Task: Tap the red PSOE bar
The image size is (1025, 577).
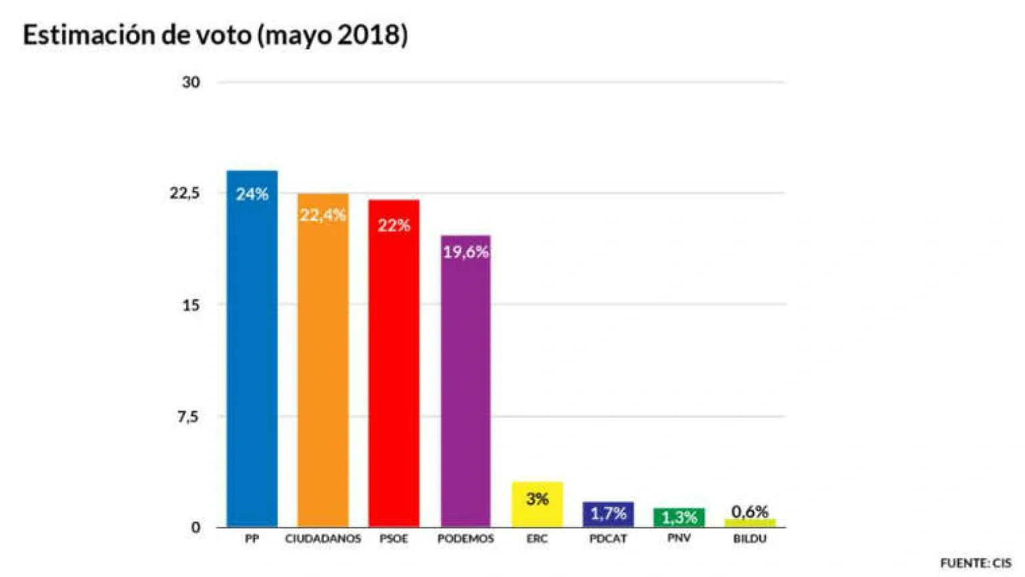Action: (x=394, y=374)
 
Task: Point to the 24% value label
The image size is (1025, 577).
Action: (x=252, y=194)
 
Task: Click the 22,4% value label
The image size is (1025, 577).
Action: (x=323, y=215)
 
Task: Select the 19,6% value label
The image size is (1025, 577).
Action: (x=466, y=252)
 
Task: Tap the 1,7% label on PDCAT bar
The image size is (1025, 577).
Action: (x=608, y=514)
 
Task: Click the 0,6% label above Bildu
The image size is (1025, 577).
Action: (x=749, y=512)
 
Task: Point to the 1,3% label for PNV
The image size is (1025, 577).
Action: (x=679, y=517)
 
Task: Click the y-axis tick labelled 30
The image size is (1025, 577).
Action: (x=191, y=82)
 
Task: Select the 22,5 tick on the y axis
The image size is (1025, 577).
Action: (x=185, y=193)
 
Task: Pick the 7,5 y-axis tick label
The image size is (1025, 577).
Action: (x=188, y=417)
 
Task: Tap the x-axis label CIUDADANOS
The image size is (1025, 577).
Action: (x=323, y=538)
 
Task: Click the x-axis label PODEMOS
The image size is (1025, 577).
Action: (x=466, y=538)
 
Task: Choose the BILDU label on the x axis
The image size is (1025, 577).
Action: (x=749, y=538)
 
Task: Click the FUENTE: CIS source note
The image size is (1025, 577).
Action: (x=975, y=563)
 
